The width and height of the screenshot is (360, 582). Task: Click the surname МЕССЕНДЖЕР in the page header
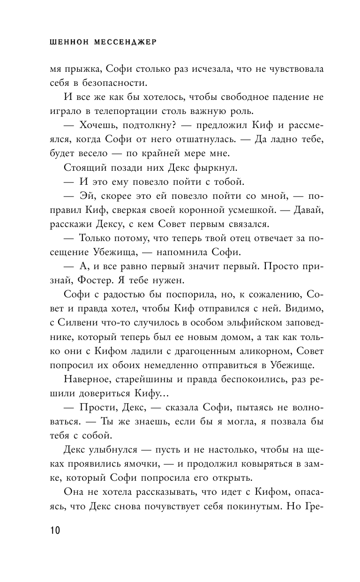pyautogui.click(x=125, y=42)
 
